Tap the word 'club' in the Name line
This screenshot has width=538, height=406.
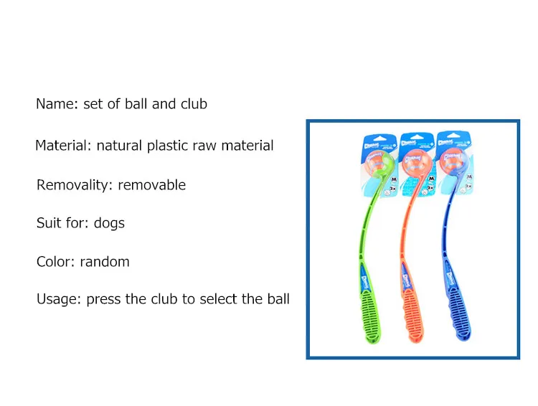(x=194, y=104)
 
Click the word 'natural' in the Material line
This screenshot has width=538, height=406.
(x=120, y=146)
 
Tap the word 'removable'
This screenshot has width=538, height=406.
(x=152, y=185)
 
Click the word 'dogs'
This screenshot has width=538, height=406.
(x=110, y=223)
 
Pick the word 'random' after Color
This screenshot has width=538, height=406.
(x=105, y=262)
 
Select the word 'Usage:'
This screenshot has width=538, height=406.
(x=59, y=299)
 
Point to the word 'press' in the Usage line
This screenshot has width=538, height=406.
(x=104, y=299)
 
